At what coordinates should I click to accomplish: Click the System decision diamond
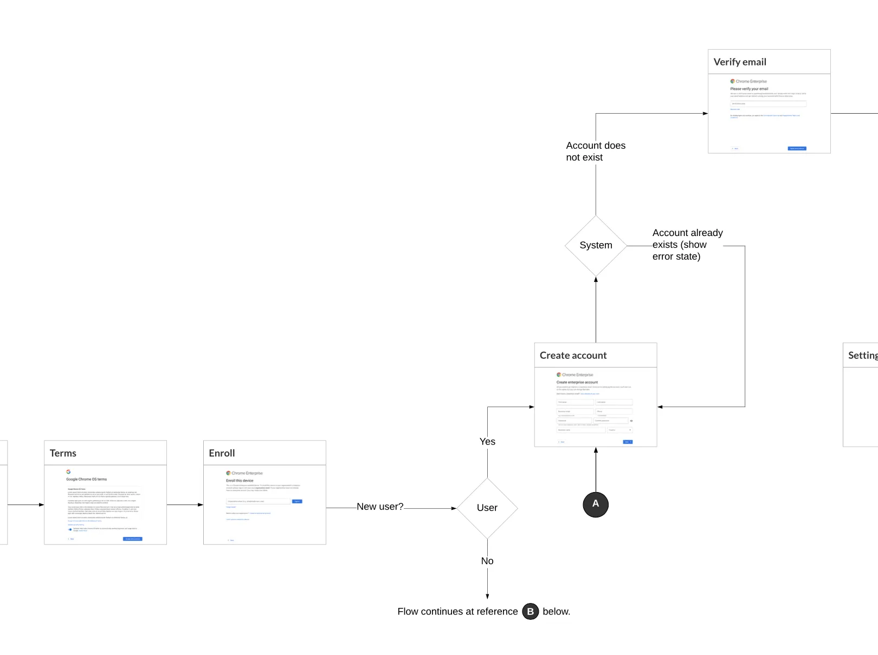point(596,245)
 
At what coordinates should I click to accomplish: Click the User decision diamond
point(487,508)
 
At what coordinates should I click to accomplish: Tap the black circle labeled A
point(596,504)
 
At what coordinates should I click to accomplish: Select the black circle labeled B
point(530,611)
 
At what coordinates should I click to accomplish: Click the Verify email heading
point(739,62)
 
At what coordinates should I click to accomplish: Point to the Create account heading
point(573,355)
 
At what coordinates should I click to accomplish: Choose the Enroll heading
point(222,453)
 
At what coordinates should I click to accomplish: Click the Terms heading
point(63,453)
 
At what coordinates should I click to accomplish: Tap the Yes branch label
point(487,442)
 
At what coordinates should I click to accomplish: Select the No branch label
point(487,561)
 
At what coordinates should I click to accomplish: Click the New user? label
point(380,507)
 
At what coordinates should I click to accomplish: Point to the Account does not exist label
point(595,152)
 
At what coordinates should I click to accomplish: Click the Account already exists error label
point(687,245)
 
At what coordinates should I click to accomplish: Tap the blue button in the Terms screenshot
point(133,539)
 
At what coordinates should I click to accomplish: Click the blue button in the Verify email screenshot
point(797,148)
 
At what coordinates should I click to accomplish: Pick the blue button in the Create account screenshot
point(628,442)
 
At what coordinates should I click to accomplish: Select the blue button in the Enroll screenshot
point(297,501)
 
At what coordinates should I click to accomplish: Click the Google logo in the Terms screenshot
point(68,471)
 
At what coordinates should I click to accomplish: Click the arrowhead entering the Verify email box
point(705,114)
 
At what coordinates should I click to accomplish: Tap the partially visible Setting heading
point(862,355)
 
